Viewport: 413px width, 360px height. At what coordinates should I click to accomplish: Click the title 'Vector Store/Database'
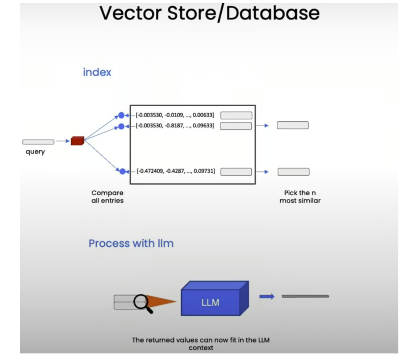pyautogui.click(x=209, y=13)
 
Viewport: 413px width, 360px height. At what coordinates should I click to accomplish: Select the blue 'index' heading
pyautogui.click(x=97, y=72)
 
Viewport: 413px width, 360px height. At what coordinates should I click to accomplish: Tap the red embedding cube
pyautogui.click(x=77, y=141)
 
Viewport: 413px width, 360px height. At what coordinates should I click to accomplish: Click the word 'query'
pyautogui.click(x=35, y=152)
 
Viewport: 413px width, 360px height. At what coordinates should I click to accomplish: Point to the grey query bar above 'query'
pyautogui.click(x=38, y=142)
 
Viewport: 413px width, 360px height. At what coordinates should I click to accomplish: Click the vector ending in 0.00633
pyautogui.click(x=175, y=115)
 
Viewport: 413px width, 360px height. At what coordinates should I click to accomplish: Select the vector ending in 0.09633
pyautogui.click(x=175, y=126)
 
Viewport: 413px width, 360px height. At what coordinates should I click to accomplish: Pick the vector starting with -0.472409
pyautogui.click(x=176, y=171)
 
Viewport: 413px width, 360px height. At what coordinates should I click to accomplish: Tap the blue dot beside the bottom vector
pyautogui.click(x=122, y=171)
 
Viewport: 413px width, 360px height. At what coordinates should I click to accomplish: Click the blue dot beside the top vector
pyautogui.click(x=121, y=115)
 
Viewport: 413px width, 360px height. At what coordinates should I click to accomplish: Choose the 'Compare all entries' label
pyautogui.click(x=107, y=196)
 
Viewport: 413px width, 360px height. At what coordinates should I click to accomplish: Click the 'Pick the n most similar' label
pyautogui.click(x=300, y=196)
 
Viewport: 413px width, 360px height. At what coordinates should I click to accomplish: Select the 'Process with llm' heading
pyautogui.click(x=131, y=243)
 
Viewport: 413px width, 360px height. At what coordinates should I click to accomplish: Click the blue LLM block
pyautogui.click(x=211, y=303)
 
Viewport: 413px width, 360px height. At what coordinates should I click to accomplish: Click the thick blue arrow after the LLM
pyautogui.click(x=267, y=296)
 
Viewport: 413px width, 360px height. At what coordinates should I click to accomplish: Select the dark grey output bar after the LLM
pyautogui.click(x=305, y=296)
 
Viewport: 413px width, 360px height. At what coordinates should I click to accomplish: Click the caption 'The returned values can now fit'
pyautogui.click(x=201, y=340)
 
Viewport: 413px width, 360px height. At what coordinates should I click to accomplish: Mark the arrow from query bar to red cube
pyautogui.click(x=63, y=141)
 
